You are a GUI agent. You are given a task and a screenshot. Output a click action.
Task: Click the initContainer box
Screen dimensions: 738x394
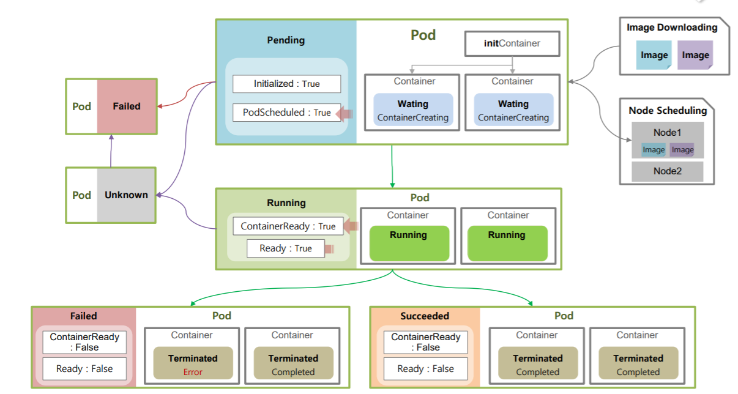click(x=512, y=43)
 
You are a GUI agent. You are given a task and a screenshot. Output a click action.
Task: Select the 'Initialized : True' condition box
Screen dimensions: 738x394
click(x=286, y=84)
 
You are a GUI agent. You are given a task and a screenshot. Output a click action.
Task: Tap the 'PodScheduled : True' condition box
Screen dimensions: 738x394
click(x=286, y=113)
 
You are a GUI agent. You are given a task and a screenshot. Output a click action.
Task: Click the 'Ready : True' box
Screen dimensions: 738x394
click(x=286, y=248)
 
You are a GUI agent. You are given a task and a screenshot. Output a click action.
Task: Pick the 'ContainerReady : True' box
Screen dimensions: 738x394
click(x=288, y=226)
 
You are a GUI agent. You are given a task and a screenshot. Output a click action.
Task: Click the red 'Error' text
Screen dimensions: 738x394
click(x=193, y=372)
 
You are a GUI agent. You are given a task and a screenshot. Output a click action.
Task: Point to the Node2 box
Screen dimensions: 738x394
click(x=668, y=171)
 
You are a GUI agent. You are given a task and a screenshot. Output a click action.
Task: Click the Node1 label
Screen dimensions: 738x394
click(x=667, y=132)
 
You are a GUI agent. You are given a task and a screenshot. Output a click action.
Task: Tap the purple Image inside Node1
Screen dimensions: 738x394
click(x=682, y=150)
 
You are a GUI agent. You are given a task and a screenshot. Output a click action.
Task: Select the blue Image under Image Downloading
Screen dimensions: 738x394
click(x=654, y=55)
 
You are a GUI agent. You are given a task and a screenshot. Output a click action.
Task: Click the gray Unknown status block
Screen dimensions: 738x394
click(x=126, y=195)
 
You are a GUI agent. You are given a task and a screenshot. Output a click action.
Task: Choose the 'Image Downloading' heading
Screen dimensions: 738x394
click(x=672, y=28)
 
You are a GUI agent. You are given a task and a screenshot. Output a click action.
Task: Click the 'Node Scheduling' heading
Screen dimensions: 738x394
click(x=668, y=110)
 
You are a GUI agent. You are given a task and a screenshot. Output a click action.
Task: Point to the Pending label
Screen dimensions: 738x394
click(x=286, y=40)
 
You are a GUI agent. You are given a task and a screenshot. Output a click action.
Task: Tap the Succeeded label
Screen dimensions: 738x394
click(x=425, y=316)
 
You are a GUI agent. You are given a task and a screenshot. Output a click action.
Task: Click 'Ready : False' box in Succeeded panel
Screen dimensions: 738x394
click(x=426, y=369)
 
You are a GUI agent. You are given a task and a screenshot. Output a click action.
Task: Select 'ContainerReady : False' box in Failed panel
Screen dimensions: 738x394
click(x=84, y=342)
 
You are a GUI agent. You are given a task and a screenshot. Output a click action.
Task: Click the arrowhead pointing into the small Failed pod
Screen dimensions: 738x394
click(x=160, y=106)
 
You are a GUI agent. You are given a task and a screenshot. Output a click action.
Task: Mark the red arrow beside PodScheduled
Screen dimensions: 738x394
click(x=345, y=114)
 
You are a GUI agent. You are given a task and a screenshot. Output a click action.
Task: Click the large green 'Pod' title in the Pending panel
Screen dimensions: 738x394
click(x=423, y=35)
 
